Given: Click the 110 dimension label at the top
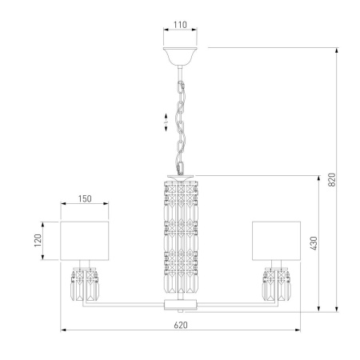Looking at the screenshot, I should [x=180, y=25].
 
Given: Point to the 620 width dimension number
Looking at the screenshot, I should [x=180, y=325].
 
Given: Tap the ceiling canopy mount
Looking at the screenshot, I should [x=180, y=56].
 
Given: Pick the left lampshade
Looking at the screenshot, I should [x=85, y=241].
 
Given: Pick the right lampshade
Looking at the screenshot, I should [x=276, y=241].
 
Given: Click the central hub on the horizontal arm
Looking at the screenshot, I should [x=180, y=305].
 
